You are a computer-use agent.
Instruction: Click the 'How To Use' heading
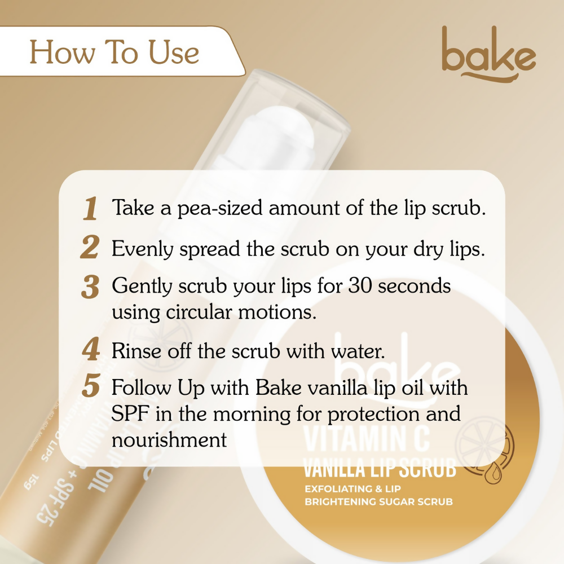114,52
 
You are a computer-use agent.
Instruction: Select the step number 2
90,249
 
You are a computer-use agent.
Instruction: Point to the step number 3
90,287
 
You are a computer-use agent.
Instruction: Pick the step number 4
90,350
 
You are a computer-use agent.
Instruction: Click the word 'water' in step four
355,351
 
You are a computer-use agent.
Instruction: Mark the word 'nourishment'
169,439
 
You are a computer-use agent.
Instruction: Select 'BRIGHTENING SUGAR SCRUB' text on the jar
378,501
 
